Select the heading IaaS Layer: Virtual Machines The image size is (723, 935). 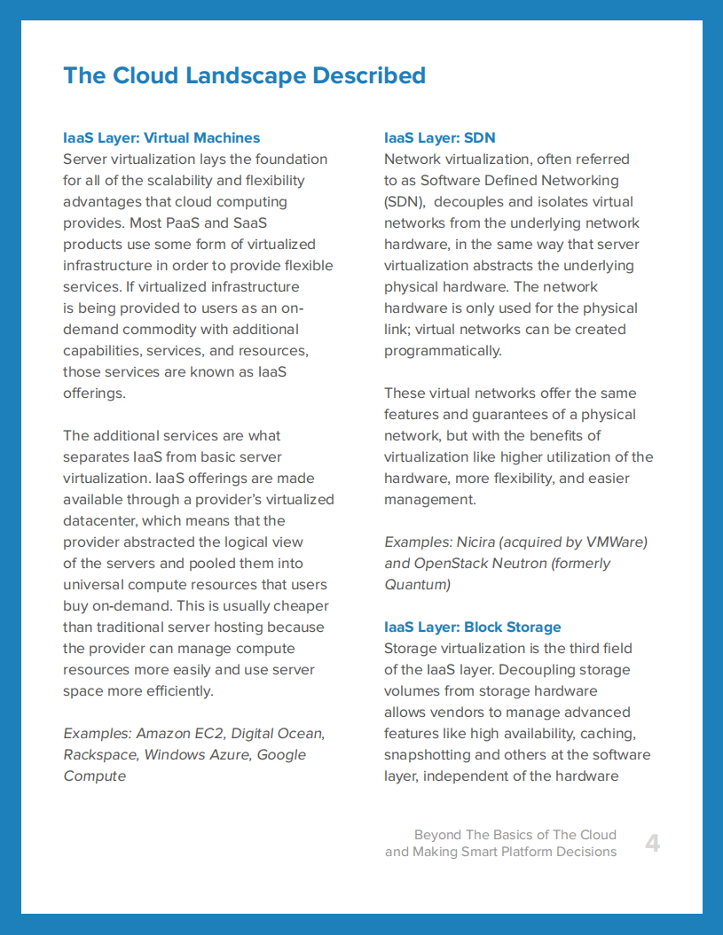coord(161,138)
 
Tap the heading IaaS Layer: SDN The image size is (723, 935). coord(439,138)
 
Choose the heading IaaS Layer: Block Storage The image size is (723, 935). coord(472,627)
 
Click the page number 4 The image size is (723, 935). coord(652,843)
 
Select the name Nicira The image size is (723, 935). coord(478,542)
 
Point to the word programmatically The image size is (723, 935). coord(442,351)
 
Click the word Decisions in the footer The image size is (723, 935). coord(584,852)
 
